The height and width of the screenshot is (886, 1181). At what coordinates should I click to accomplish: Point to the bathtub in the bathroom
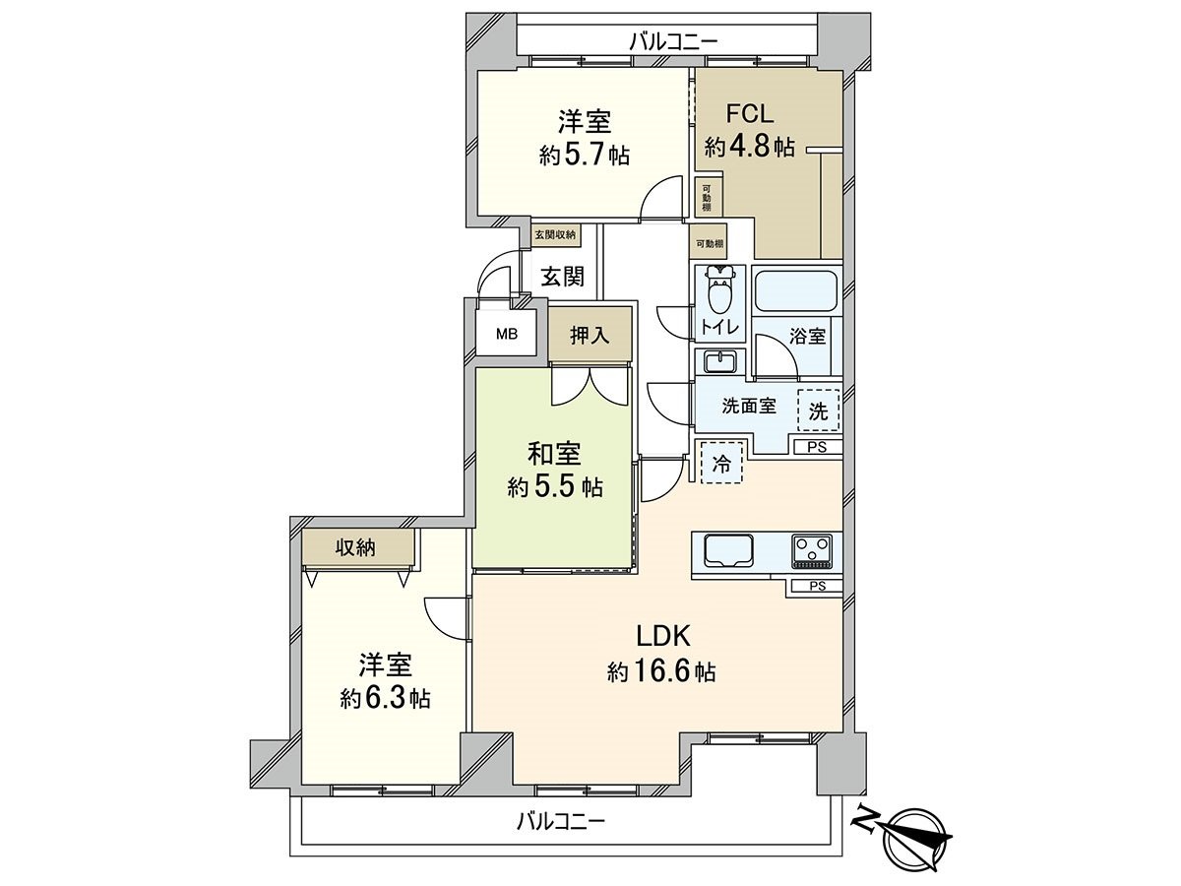point(795,290)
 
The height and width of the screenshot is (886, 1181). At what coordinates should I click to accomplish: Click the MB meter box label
point(506,333)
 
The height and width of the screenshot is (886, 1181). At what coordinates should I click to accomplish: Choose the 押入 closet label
point(590,335)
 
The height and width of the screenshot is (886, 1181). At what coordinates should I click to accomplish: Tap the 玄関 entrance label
point(562,276)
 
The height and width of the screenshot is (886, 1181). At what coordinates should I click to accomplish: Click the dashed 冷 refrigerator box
point(721,464)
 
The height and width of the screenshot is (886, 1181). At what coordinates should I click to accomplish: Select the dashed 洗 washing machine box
point(819,411)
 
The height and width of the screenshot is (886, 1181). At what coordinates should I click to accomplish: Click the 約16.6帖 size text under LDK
point(661,673)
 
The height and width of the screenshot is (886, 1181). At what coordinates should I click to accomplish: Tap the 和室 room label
point(554,455)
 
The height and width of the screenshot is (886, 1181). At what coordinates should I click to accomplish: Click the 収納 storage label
point(354,547)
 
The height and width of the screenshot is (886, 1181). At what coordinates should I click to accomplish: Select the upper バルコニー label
point(673,41)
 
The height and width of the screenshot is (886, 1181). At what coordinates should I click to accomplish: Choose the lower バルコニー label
point(560,819)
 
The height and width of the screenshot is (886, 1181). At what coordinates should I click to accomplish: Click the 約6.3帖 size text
point(385,698)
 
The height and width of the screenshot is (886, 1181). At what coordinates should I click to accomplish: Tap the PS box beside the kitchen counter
point(816,587)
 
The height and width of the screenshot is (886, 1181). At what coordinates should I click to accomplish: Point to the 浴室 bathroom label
point(808,336)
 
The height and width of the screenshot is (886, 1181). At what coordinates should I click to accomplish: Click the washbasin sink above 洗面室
point(720,361)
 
